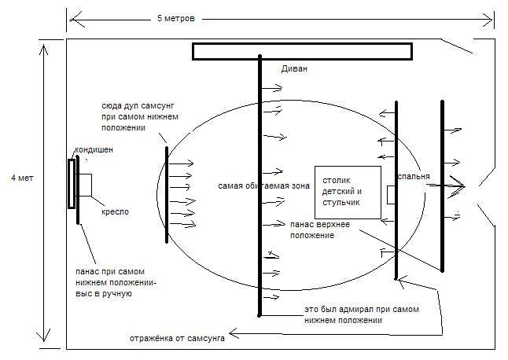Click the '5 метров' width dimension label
tap(176, 17)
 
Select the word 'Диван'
tap(294, 69)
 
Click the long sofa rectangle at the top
tap(302, 51)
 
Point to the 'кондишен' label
tap(94, 150)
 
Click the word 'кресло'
tap(115, 211)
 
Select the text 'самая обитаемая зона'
tap(263, 186)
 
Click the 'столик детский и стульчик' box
tap(347, 192)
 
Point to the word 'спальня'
tap(414, 177)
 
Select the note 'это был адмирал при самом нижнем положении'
tap(361, 314)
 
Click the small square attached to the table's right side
tap(392, 194)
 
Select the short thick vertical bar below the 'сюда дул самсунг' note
tap(166, 194)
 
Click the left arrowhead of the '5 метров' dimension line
tap(71, 16)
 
